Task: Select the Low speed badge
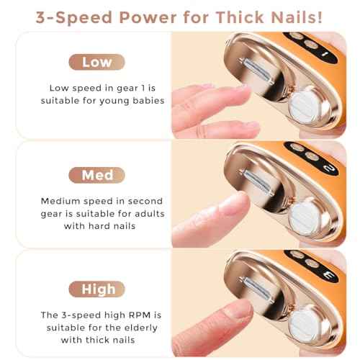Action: tap(96, 62)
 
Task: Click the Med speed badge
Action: tap(96, 174)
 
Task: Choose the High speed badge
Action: tap(96, 289)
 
